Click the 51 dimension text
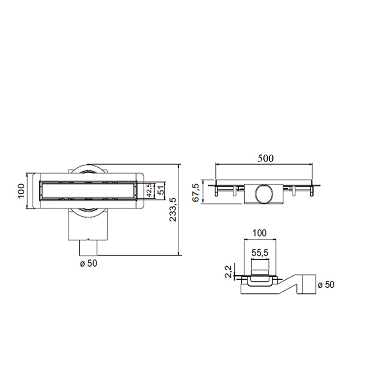click(x=161, y=189)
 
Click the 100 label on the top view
click(x=21, y=190)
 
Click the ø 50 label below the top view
click(x=88, y=263)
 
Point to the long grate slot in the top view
click(x=88, y=190)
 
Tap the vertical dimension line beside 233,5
click(x=179, y=210)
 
